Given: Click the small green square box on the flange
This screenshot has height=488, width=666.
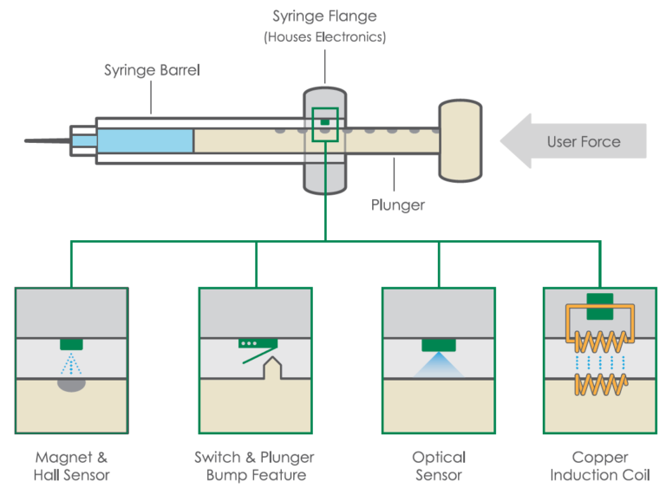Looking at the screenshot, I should (x=325, y=122).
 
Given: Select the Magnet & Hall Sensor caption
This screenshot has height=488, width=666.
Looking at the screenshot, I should (x=72, y=465).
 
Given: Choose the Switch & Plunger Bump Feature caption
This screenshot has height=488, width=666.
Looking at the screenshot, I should (x=255, y=465).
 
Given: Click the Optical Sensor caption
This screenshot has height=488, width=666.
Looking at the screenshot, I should (x=439, y=465).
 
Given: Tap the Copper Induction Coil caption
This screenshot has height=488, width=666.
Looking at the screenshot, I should (x=599, y=465).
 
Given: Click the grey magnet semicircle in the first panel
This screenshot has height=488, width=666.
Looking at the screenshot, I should (x=72, y=383).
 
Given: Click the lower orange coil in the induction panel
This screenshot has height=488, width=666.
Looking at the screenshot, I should (x=599, y=382).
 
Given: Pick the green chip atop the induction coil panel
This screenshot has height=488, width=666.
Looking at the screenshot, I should (x=599, y=300).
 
